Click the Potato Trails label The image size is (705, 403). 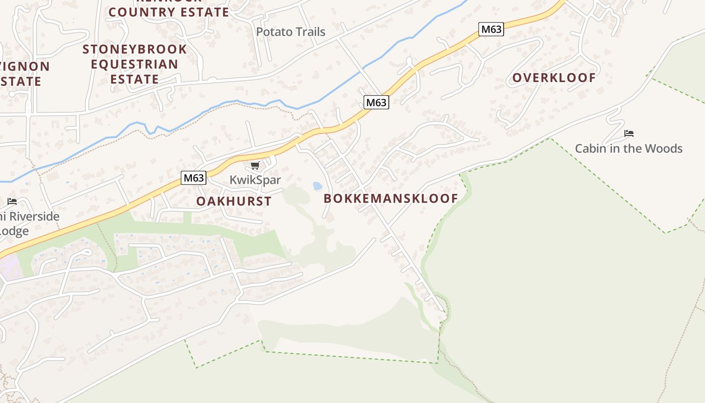(291, 32)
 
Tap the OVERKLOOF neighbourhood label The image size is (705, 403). (554, 78)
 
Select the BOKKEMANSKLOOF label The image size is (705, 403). (391, 198)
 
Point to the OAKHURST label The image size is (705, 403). (234, 201)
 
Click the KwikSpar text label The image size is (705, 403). (255, 180)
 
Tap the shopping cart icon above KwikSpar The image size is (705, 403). (255, 166)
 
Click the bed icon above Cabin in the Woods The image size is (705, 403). (628, 133)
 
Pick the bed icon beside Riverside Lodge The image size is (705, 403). (12, 201)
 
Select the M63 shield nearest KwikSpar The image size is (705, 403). (194, 178)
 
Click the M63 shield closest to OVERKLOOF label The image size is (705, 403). (491, 29)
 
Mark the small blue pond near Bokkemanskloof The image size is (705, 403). (317, 186)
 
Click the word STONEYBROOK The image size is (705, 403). (134, 49)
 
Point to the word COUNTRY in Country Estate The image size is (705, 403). (137, 12)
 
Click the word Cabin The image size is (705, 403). (591, 149)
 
